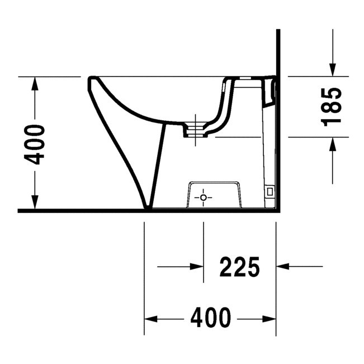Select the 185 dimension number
coord(332,106)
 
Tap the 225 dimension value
coord(240,267)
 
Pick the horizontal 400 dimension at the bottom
coord(210,318)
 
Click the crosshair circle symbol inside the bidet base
coord(204,197)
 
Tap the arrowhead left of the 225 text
coord(196,267)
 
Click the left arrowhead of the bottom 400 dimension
coord(151,319)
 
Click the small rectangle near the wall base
coord(270,191)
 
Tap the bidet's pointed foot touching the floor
coord(148,206)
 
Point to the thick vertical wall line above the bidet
coord(277,50)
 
